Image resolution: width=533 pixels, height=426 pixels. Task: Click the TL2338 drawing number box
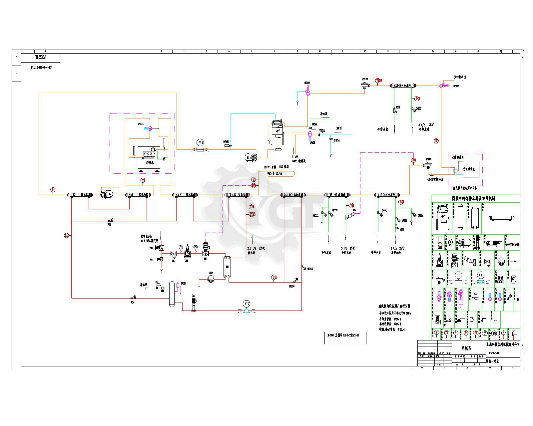tap(41, 58)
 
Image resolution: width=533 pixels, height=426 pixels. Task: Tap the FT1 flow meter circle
tap(201, 142)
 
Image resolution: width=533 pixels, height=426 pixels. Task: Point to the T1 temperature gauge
tap(53, 190)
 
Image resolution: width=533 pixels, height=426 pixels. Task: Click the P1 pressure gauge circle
tap(181, 247)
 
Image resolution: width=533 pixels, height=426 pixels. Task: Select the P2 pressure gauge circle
tap(196, 247)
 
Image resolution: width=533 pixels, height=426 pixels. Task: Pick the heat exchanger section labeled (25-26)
tap(401, 86)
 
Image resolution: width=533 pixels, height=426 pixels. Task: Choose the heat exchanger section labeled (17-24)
tap(387, 195)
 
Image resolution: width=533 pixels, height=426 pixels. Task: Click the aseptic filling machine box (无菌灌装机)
tap(469, 169)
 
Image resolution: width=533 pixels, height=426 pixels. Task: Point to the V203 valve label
tap(322, 131)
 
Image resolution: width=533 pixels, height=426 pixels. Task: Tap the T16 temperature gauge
tap(274, 277)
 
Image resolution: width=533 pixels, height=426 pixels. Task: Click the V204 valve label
tap(337, 141)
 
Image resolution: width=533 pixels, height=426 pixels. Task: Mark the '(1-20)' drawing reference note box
tap(345, 337)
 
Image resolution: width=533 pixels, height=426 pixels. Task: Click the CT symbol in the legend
tap(513, 279)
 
